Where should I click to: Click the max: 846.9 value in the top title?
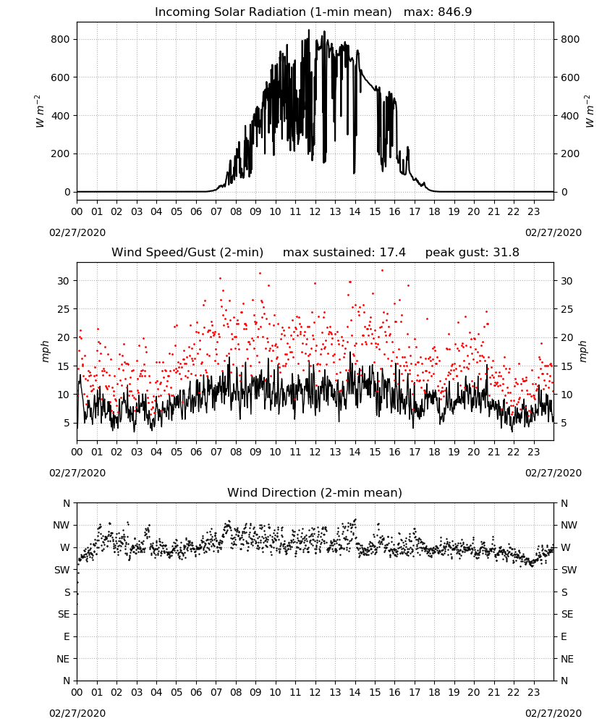(438, 12)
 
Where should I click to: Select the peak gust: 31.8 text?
(472, 253)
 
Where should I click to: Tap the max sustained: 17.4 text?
(344, 253)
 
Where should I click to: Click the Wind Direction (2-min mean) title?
(315, 492)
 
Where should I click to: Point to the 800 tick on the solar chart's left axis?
(61, 39)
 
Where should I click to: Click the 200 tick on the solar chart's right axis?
(570, 153)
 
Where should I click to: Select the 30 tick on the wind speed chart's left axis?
(63, 281)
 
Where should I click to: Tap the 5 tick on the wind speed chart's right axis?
(564, 423)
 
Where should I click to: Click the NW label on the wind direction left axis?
(61, 525)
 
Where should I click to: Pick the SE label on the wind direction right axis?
(567, 614)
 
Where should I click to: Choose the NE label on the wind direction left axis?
(63, 659)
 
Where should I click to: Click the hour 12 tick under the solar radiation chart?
(315, 212)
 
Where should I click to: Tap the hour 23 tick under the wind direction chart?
(533, 692)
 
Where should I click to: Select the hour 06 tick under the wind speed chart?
(196, 452)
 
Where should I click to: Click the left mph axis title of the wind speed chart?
(45, 351)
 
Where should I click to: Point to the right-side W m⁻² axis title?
(590, 111)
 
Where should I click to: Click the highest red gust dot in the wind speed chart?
(382, 271)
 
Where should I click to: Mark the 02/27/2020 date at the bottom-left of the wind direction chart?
(77, 713)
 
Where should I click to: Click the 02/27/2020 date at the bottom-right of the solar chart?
(553, 232)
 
